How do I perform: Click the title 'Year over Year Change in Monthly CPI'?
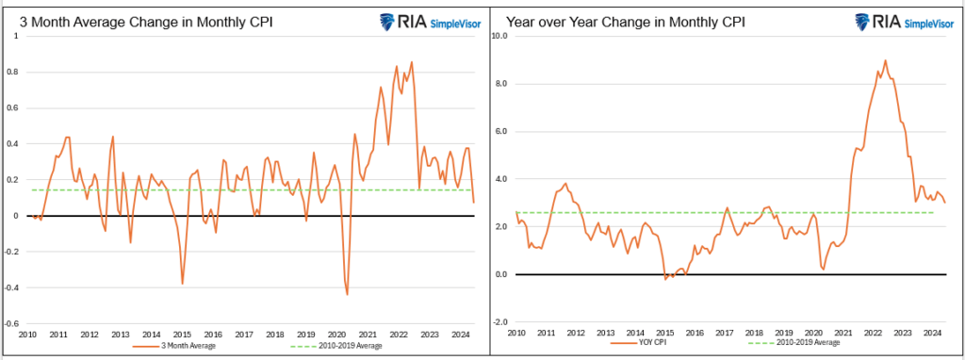click(x=625, y=21)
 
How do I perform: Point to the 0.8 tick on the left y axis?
click(x=16, y=72)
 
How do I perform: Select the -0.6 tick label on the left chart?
click(x=15, y=322)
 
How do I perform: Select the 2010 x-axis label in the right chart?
click(x=516, y=334)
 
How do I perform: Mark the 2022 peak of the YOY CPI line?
click(x=885, y=60)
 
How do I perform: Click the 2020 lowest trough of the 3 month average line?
click(x=347, y=295)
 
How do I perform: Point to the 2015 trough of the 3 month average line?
click(x=182, y=284)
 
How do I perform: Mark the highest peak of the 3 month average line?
click(x=412, y=62)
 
